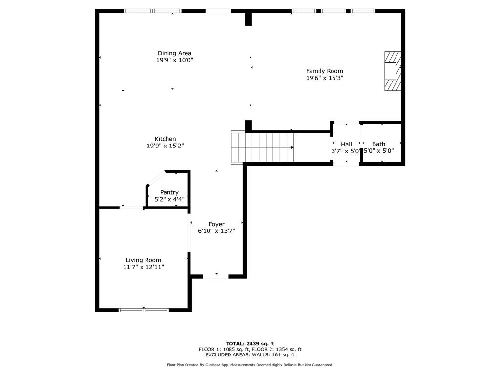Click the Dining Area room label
tap(174, 53)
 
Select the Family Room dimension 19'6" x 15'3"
tap(325, 78)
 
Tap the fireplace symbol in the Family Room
tap(392, 71)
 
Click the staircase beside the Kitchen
tap(263, 147)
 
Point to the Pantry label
tap(169, 192)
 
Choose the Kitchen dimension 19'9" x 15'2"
tap(165, 146)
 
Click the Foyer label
tap(216, 224)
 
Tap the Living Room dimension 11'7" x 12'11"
tap(143, 267)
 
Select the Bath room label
tap(378, 144)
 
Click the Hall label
tap(346, 144)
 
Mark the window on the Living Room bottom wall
tap(144, 310)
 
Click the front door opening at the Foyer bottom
tap(215, 276)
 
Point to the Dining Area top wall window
tap(152, 11)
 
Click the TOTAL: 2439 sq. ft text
tap(250, 343)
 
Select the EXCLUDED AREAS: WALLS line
tap(250, 355)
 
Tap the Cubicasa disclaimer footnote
tap(250, 365)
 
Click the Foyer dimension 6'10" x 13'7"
tap(216, 231)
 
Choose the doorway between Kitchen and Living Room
tap(131, 208)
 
